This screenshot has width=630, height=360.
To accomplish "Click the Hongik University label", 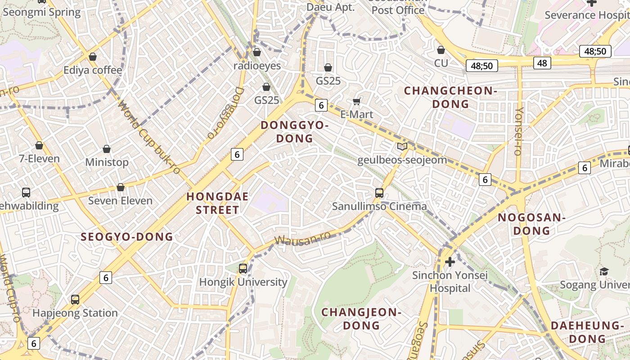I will (x=243, y=282).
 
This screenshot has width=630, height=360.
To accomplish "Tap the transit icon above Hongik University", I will (x=243, y=269).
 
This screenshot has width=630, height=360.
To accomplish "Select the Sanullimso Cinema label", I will (x=379, y=207).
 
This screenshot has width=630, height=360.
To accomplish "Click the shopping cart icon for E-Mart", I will (x=357, y=102).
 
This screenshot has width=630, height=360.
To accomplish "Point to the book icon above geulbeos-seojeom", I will (x=402, y=146).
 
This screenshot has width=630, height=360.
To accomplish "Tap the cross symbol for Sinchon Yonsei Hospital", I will (x=450, y=262).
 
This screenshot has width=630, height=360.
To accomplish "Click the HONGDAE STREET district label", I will (x=212, y=203).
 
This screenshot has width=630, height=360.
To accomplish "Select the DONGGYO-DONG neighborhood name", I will (x=295, y=132).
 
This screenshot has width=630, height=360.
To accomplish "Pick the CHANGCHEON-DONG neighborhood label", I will (x=450, y=97).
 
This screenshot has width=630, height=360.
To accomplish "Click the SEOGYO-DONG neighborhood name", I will (x=127, y=237).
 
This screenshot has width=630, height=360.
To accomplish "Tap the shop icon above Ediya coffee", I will (x=93, y=57).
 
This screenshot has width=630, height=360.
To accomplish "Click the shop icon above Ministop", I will (x=107, y=149).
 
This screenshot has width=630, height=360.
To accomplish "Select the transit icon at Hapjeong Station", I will (x=75, y=299).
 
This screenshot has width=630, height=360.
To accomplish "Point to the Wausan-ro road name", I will (x=302, y=239).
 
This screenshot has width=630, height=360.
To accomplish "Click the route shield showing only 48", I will (x=542, y=63).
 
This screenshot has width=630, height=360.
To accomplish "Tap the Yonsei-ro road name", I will (x=519, y=131).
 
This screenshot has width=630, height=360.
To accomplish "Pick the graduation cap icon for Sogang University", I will (x=603, y=271).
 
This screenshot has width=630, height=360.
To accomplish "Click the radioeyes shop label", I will (x=257, y=66).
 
